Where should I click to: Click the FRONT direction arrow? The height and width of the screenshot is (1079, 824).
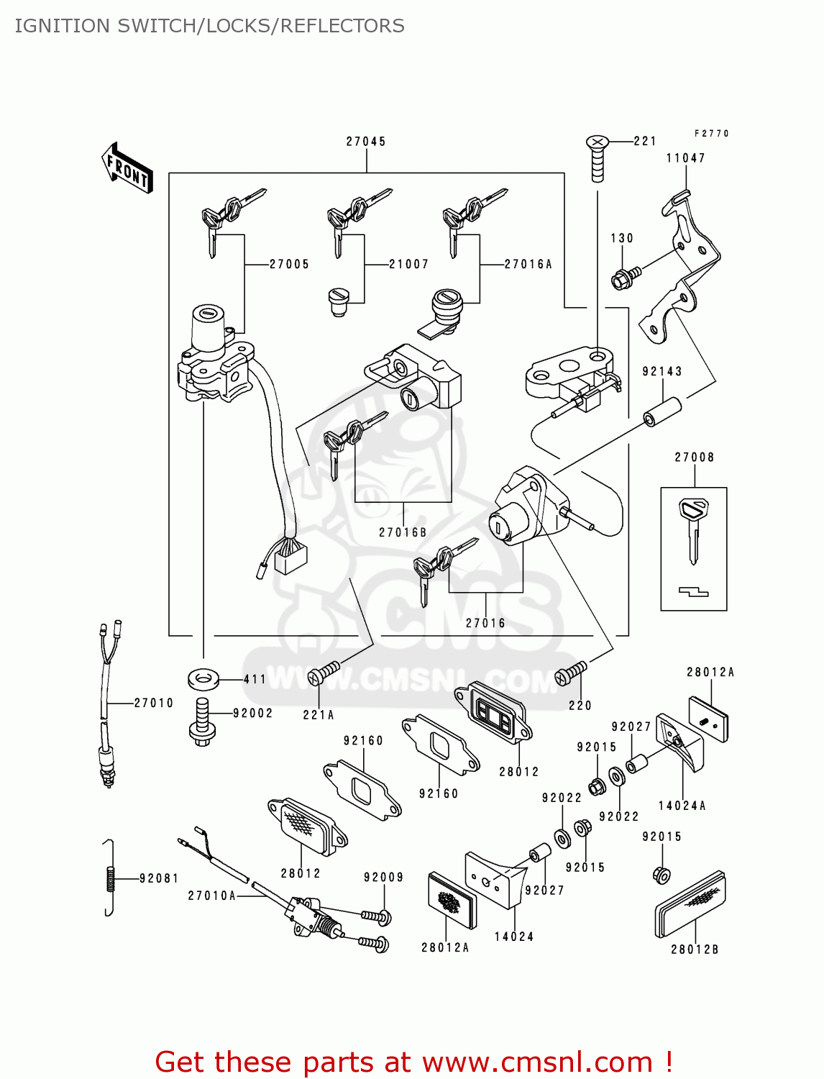(x=127, y=168)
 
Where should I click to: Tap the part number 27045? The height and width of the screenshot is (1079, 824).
(x=366, y=142)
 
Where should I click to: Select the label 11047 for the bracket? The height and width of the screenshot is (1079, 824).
(x=685, y=158)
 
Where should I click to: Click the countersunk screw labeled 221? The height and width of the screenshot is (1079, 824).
(x=597, y=158)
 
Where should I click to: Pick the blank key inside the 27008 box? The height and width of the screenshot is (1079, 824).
(x=693, y=529)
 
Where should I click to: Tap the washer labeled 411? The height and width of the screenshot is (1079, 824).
(x=203, y=678)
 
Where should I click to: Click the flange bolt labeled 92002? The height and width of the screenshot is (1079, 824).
(x=201, y=722)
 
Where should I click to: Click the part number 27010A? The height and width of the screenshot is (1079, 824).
(x=212, y=896)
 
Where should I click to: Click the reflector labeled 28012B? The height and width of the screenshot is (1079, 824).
(x=690, y=904)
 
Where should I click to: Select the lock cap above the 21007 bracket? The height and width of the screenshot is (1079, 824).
(x=338, y=301)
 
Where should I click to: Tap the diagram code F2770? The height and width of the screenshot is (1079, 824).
(x=711, y=134)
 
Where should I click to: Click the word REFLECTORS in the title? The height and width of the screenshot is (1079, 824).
(x=342, y=26)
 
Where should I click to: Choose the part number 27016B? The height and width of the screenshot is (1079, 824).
(x=403, y=532)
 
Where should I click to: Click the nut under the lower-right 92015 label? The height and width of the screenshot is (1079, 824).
(x=662, y=875)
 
